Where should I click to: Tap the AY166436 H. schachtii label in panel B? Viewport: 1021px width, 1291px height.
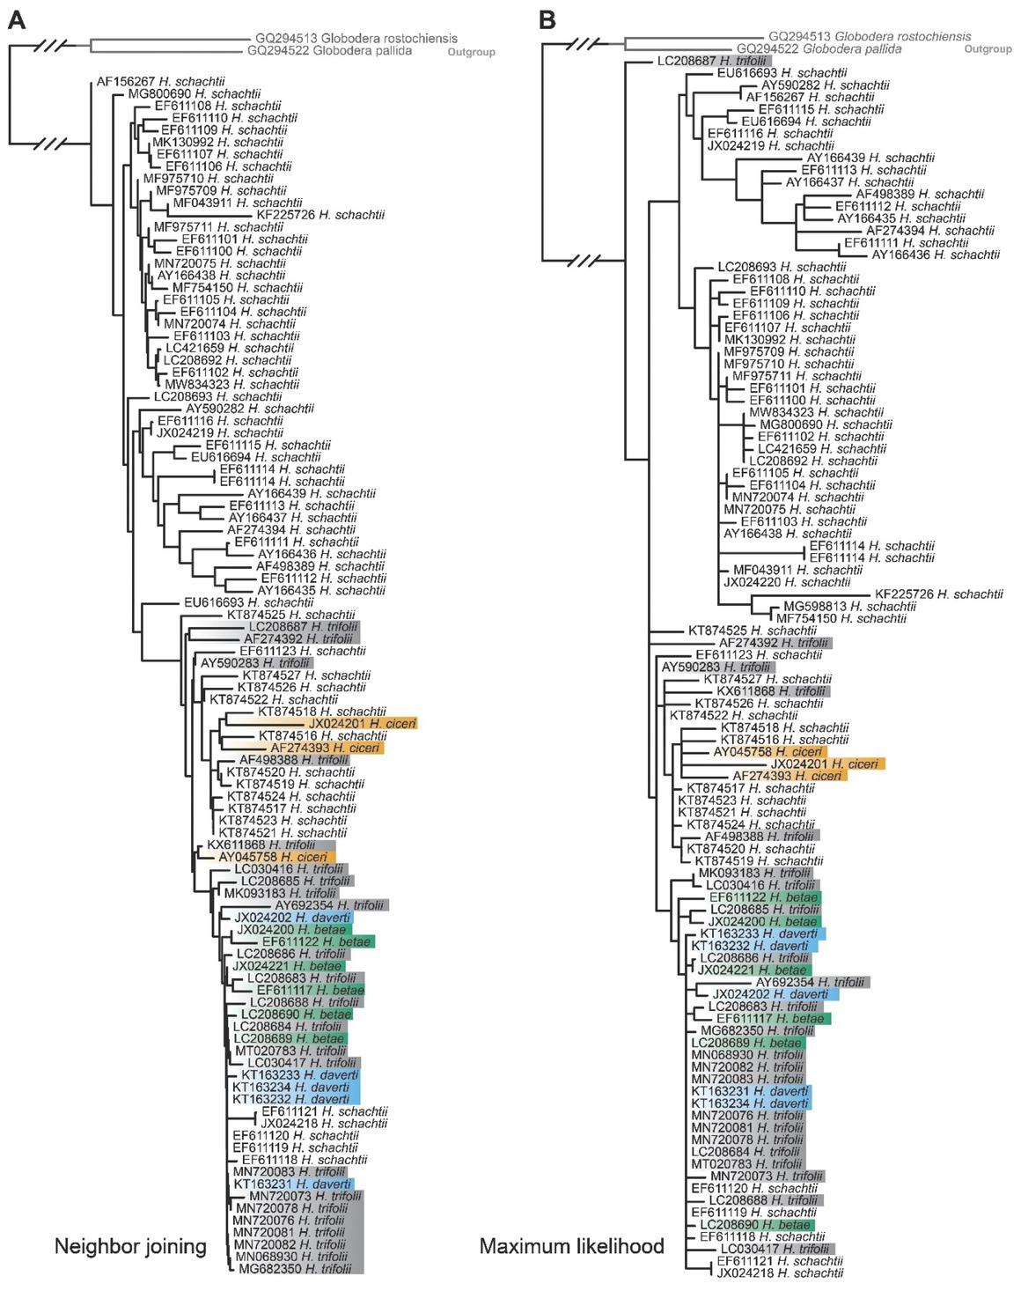click(936, 255)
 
